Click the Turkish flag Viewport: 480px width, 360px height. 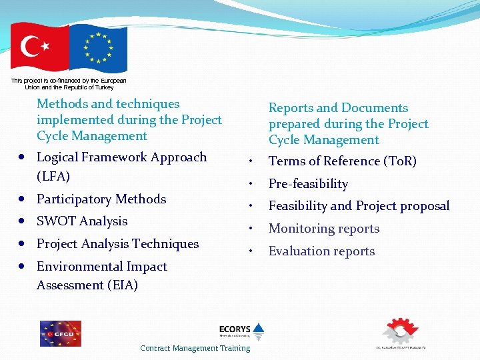[x=39, y=48]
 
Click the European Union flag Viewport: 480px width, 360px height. [x=98, y=48]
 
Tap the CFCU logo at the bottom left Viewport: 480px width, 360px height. [x=60, y=333]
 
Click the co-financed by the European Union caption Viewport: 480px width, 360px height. [x=69, y=83]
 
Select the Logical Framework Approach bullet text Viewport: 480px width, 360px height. [x=121, y=157]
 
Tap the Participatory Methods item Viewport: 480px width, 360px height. [x=101, y=199]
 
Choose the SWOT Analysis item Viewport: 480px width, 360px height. [x=82, y=221]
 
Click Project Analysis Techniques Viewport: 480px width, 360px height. [x=117, y=244]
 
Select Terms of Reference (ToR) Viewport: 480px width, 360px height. [x=342, y=161]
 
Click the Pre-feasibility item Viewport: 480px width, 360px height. [x=308, y=183]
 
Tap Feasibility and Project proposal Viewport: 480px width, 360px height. [x=359, y=206]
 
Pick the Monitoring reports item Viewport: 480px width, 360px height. [x=324, y=229]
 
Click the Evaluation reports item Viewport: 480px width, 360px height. [x=321, y=251]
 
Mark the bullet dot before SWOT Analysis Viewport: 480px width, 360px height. [x=23, y=221]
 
